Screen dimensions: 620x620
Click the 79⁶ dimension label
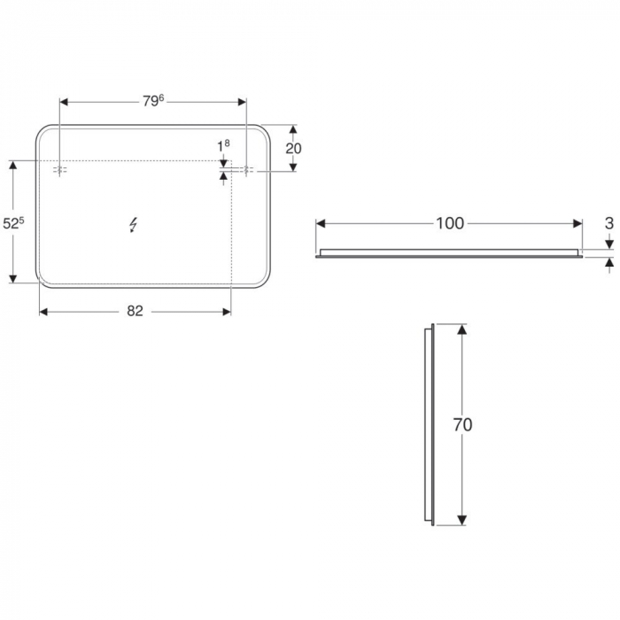coord(152,101)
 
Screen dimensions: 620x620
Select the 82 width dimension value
coord(135,311)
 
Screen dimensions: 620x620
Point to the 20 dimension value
coord(293,148)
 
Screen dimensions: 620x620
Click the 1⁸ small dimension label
coord(223,144)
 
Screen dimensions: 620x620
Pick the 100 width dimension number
coord(450,223)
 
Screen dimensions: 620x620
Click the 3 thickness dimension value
coord(608,223)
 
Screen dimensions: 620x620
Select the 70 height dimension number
coord(462,425)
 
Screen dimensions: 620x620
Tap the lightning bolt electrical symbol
coord(134,225)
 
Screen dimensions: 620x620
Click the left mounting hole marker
coord(60,170)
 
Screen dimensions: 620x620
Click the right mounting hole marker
coord(247,170)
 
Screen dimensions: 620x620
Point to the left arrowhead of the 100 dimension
coord(322,223)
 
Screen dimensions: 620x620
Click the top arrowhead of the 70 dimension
coord(461,329)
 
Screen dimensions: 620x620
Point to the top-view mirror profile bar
coord(450,253)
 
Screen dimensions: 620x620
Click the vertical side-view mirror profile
coord(431,425)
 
